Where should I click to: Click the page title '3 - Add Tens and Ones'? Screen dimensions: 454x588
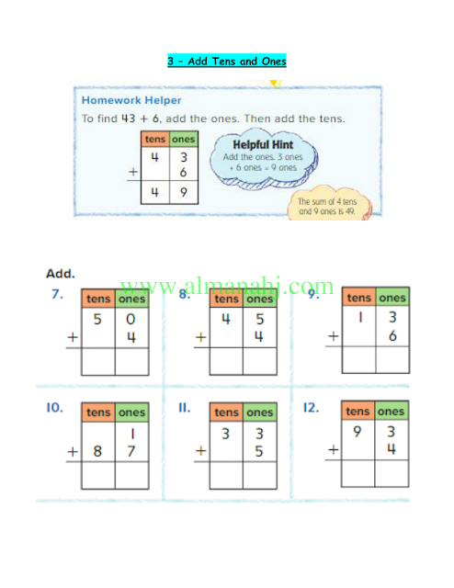[227, 61]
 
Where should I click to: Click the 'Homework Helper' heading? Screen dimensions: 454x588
[131, 100]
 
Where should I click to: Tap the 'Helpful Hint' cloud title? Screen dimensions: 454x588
[263, 145]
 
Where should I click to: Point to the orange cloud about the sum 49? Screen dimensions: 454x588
[329, 203]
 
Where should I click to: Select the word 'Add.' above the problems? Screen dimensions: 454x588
[61, 274]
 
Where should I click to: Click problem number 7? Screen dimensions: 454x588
[57, 294]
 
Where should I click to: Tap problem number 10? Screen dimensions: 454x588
[54, 408]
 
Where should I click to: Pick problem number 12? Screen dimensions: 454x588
[311, 407]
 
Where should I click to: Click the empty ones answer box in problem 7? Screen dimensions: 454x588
[131, 361]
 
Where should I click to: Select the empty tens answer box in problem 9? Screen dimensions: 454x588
[359, 359]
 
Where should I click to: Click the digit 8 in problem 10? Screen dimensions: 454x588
[97, 451]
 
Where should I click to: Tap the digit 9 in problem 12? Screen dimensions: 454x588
[358, 431]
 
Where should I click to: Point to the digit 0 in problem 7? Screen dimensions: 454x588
[131, 319]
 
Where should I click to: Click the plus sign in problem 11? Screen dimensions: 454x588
[200, 450]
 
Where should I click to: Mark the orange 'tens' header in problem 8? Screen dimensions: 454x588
[226, 299]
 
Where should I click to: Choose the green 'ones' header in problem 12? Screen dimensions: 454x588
[391, 411]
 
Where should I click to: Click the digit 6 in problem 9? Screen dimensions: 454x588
[392, 335]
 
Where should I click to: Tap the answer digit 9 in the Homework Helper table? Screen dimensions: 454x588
[184, 192]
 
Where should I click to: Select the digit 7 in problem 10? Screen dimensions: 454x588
[131, 451]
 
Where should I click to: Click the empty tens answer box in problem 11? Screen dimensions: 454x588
[226, 475]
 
